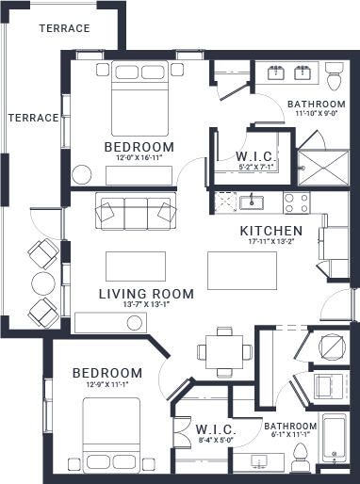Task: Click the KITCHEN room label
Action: (x=271, y=231)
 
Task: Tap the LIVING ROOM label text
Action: (x=146, y=294)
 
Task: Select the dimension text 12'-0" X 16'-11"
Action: (x=139, y=157)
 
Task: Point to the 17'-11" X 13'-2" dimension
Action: (x=271, y=241)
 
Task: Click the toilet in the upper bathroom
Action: (x=335, y=75)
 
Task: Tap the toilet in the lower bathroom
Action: (x=301, y=457)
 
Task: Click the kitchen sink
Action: (x=252, y=202)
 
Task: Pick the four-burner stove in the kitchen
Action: (x=297, y=202)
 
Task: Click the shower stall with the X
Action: (x=323, y=168)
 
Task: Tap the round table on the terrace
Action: (x=43, y=283)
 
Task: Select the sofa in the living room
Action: (x=136, y=211)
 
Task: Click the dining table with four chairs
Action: (x=224, y=352)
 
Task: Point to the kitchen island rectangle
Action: (x=242, y=270)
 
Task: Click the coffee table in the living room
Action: (x=136, y=266)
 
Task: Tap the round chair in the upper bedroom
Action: (x=82, y=175)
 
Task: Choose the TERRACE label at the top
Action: (x=65, y=28)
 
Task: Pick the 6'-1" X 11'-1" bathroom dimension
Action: (x=290, y=434)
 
